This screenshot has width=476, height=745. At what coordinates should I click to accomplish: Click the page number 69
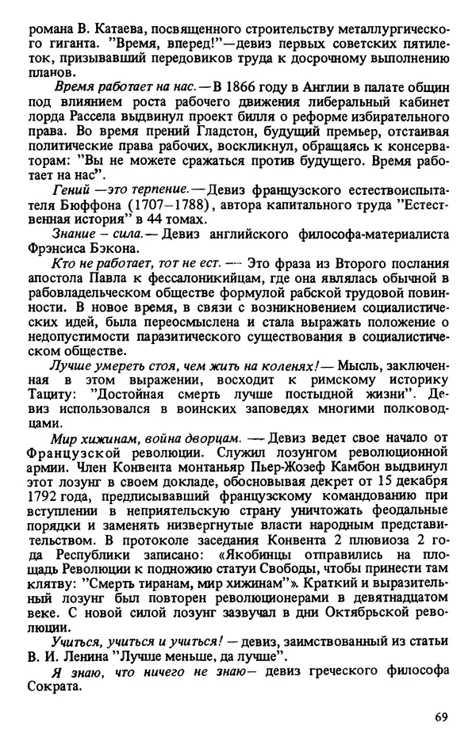(x=442, y=718)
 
